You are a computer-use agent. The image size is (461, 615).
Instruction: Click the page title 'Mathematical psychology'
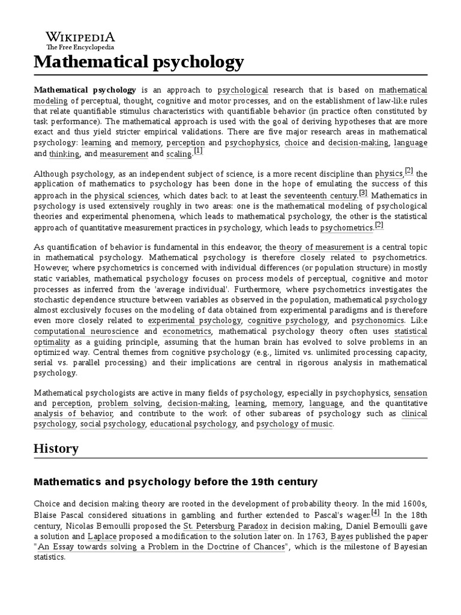click(139, 62)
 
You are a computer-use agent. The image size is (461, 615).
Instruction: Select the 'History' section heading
click(56, 449)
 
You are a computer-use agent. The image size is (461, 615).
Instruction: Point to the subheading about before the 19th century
click(175, 482)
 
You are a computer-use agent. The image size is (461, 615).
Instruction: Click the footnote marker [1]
click(198, 151)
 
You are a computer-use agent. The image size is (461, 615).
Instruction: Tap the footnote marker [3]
click(363, 193)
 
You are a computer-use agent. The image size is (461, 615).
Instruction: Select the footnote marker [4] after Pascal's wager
click(375, 512)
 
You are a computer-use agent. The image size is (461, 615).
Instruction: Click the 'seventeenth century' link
click(321, 196)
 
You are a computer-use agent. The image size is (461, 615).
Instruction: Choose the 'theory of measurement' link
click(321, 247)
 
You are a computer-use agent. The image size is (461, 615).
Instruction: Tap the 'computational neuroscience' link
click(86, 332)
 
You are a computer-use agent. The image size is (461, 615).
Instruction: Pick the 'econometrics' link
click(186, 332)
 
